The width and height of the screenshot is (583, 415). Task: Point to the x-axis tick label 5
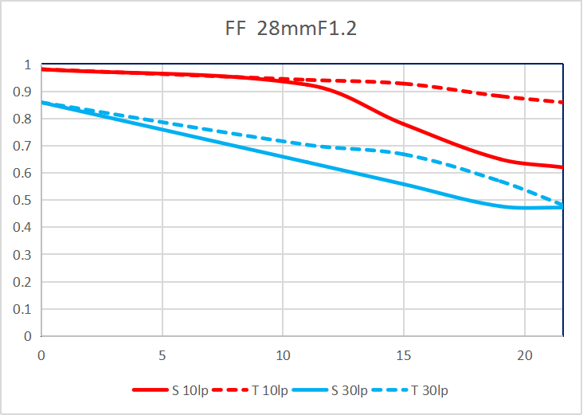pos(162,354)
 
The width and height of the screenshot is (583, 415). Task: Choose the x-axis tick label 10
pos(283,354)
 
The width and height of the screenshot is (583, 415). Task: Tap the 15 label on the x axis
pos(403,354)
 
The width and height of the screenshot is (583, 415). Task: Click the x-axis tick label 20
pos(524,354)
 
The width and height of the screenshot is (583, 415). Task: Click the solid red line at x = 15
pos(403,123)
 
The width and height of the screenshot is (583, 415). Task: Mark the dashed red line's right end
pos(562,102)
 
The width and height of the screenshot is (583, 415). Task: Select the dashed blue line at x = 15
pos(403,154)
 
